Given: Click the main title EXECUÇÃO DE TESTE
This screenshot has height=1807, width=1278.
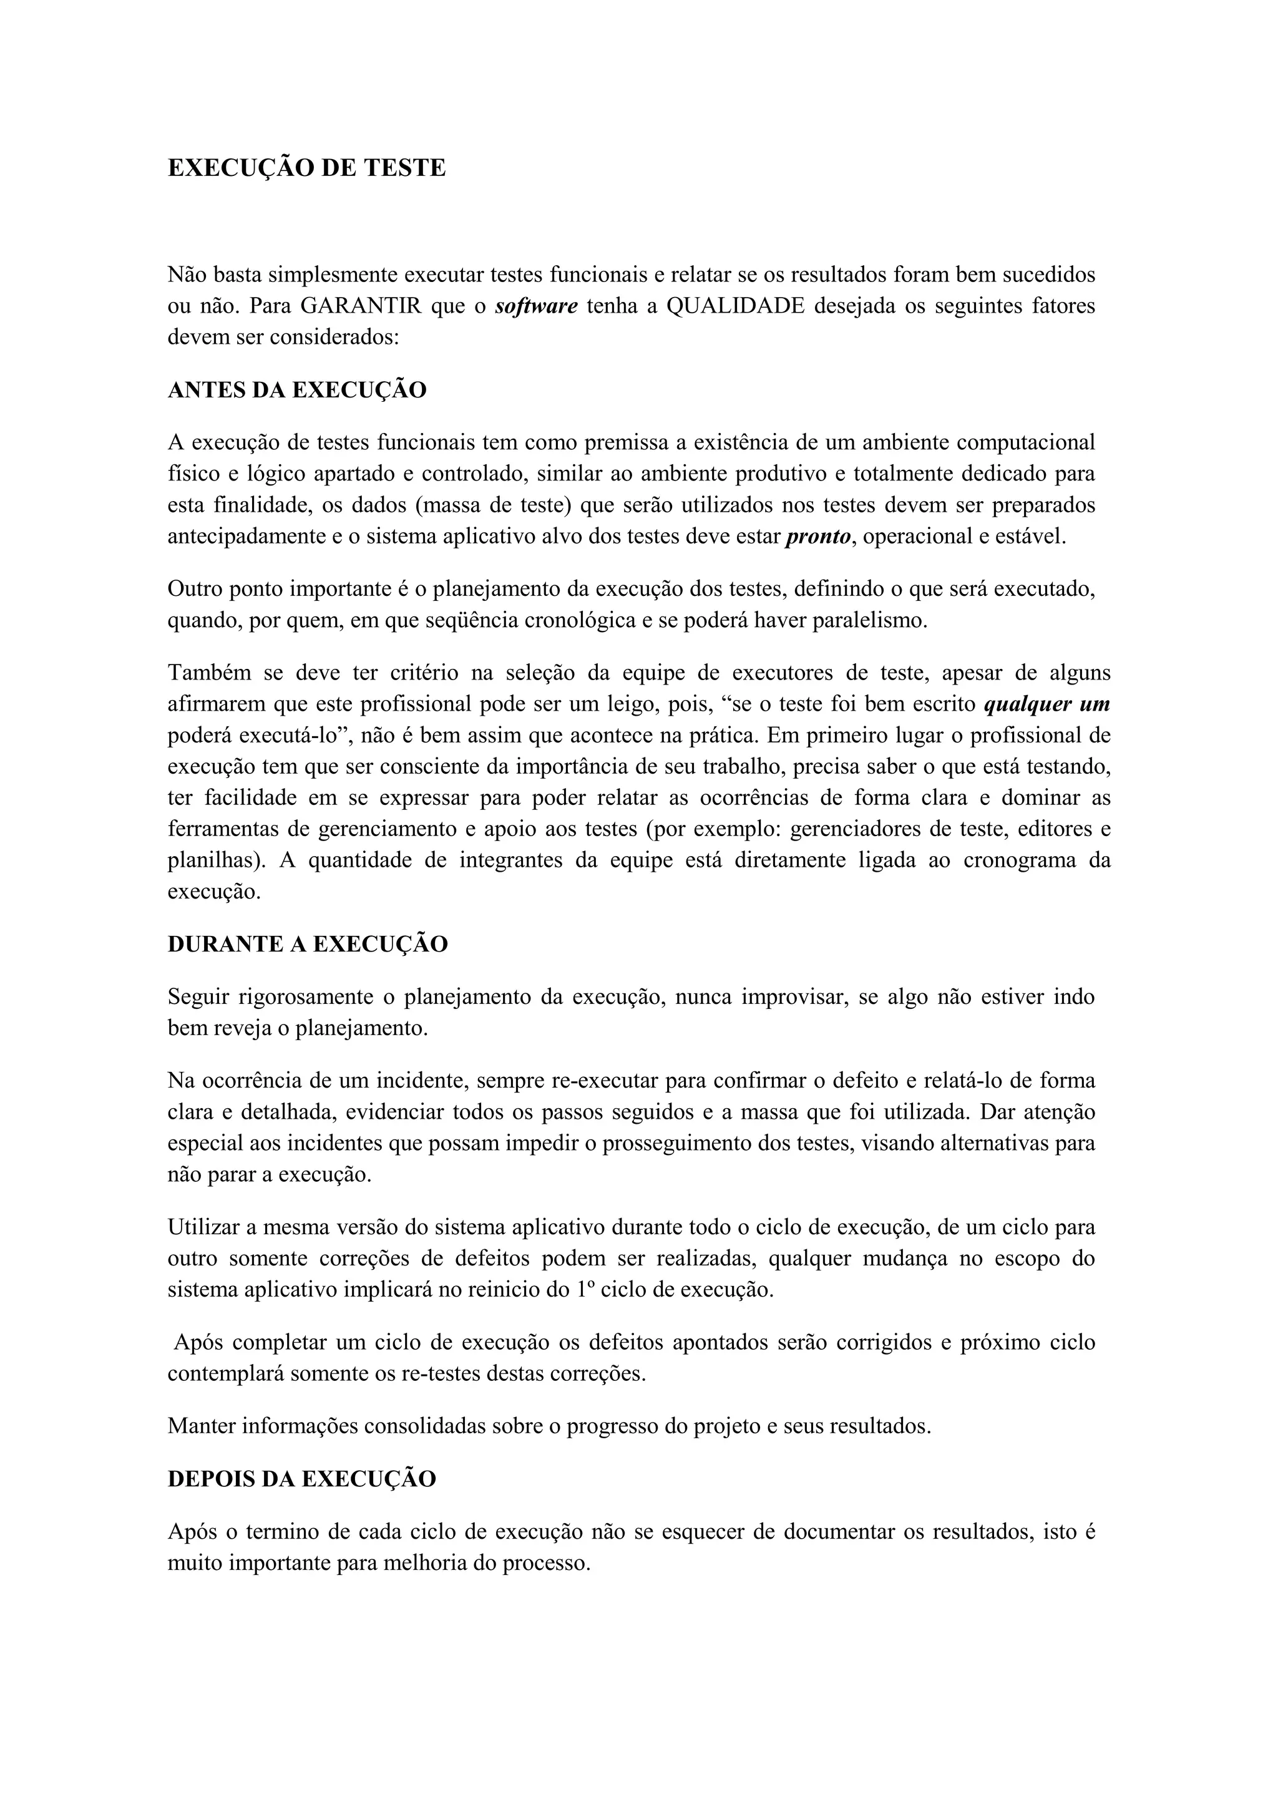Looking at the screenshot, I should [x=306, y=168].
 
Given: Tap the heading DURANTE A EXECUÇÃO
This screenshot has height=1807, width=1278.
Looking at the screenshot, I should [x=307, y=945].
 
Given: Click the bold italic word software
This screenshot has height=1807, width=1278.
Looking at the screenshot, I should [x=536, y=306].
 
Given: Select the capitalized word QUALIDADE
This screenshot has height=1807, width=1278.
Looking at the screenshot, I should [x=735, y=306].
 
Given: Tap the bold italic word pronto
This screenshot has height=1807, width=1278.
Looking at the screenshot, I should [x=819, y=537].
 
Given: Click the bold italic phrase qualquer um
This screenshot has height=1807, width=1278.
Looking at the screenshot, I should [x=1046, y=704].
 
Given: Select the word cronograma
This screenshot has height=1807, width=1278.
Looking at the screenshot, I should [x=1017, y=860].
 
